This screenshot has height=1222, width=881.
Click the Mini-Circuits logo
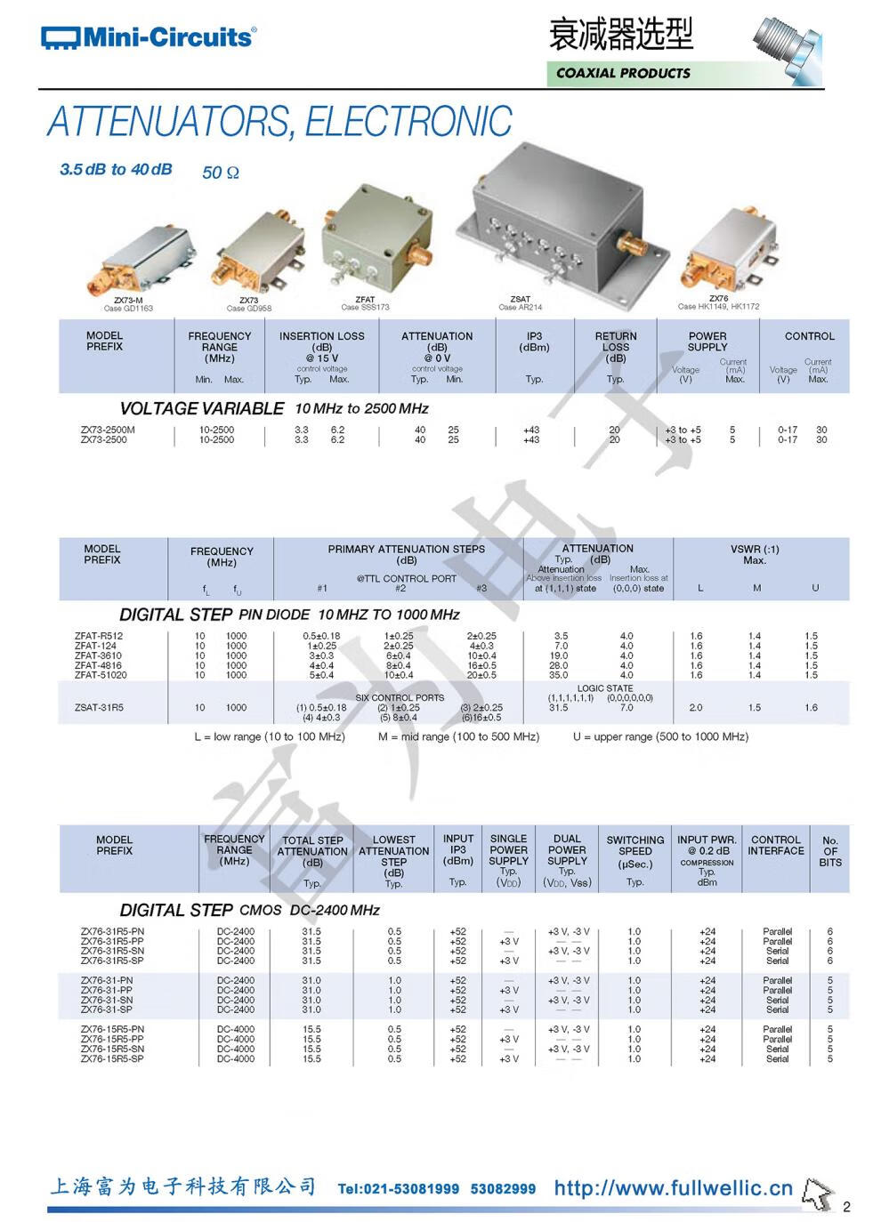coord(148,37)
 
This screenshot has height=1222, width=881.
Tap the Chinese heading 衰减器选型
coord(620,35)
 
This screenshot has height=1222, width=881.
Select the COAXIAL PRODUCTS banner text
coord(623,73)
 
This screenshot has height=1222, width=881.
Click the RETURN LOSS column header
coord(616,348)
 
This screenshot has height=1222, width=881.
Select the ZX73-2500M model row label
coord(108,430)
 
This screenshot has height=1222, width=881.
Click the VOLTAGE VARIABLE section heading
coord(201,409)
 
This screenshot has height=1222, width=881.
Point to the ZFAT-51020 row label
coord(101,675)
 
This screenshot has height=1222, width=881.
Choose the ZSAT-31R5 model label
coord(99,708)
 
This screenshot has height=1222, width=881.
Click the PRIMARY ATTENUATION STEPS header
coord(406,554)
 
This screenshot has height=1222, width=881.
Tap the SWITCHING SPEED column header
coord(634,851)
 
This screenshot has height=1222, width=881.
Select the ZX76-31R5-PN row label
coord(112,931)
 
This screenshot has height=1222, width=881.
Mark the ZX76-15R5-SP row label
coord(112,1059)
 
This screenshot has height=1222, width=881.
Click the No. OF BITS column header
coord(829,851)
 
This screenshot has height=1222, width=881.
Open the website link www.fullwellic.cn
coord(673,1188)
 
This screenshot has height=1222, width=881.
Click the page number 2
coord(846,1207)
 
